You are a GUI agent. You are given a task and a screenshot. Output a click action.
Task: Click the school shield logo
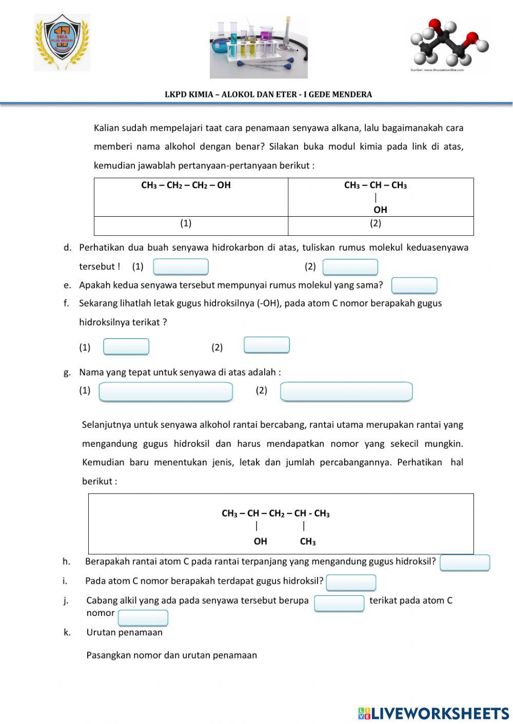click(62, 43)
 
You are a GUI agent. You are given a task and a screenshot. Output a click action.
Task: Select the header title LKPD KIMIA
click(268, 94)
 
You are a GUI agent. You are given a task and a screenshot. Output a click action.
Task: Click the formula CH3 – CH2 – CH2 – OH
click(186, 185)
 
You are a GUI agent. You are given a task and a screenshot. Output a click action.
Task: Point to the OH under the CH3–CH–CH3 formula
click(380, 210)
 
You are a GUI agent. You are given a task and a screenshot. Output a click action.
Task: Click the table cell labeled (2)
click(376, 223)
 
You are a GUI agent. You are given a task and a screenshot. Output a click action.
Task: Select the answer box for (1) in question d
click(181, 267)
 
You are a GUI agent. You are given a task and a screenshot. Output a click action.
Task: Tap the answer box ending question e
click(414, 285)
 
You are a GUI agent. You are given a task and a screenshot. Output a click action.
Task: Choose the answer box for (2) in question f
click(266, 345)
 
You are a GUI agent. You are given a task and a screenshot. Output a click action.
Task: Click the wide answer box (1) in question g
click(166, 392)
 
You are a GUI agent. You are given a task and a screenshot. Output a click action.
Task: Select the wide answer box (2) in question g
click(346, 392)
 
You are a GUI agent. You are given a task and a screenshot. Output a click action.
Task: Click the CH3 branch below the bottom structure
click(308, 542)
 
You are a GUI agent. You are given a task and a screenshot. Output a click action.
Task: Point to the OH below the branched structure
click(260, 541)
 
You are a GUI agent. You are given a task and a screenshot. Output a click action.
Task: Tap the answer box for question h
click(465, 563)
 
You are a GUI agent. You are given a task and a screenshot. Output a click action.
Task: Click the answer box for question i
click(351, 583)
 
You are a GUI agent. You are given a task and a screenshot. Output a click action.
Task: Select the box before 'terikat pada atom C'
click(339, 603)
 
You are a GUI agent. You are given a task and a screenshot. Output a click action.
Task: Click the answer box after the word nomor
click(143, 618)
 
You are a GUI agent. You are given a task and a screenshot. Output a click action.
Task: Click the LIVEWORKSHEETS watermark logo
click(433, 713)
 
